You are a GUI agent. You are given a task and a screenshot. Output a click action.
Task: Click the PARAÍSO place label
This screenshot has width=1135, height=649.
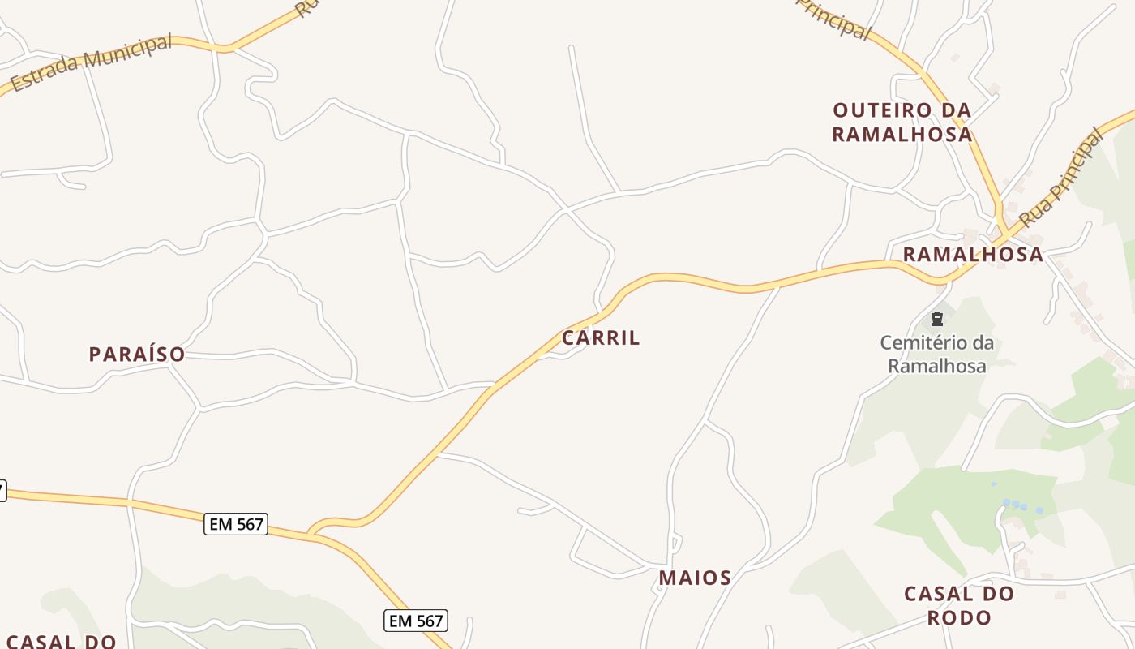click(x=137, y=355)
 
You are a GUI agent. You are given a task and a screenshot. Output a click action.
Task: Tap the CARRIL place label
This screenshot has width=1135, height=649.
click(x=601, y=338)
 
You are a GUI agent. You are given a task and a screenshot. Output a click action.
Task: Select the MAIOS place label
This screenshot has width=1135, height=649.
click(x=695, y=578)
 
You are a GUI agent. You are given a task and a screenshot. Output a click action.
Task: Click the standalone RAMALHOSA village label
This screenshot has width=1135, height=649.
click(x=973, y=254)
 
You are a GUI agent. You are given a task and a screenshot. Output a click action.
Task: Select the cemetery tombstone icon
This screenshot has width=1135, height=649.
click(x=937, y=319)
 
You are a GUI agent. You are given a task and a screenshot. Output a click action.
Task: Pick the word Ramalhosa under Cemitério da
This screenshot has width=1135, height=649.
click(x=937, y=366)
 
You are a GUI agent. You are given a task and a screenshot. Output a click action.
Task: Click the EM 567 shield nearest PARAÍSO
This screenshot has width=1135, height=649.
click(x=236, y=524)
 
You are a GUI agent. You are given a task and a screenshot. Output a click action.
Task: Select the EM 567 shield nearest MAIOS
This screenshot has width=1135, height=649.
click(x=415, y=621)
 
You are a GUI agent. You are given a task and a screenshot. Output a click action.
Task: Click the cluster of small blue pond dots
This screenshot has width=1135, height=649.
click(x=1022, y=507)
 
